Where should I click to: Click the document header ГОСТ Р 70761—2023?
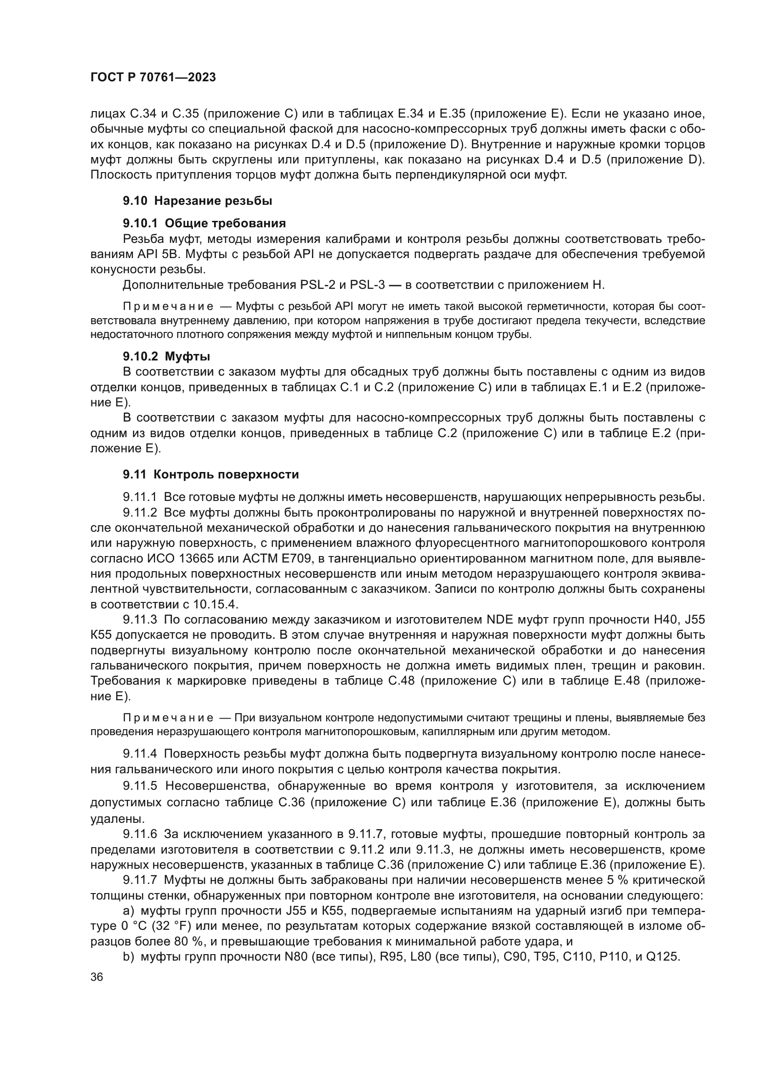(153, 78)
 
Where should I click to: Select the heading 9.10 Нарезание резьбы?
(198, 201)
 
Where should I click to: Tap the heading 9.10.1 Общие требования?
(204, 223)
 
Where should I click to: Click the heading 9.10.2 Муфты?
(167, 356)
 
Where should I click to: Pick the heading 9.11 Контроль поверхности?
(210, 475)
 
